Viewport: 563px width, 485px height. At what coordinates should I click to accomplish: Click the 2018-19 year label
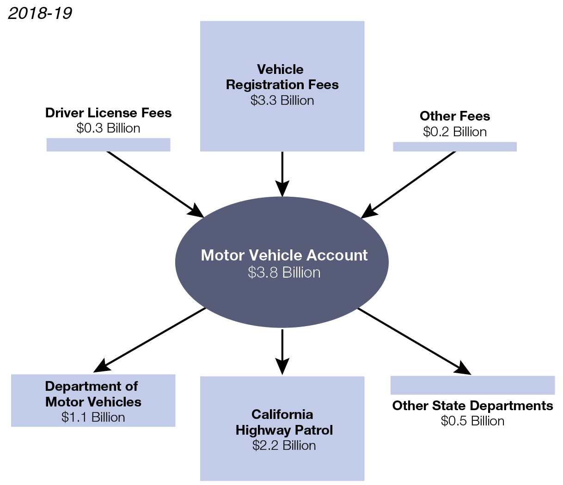(x=40, y=13)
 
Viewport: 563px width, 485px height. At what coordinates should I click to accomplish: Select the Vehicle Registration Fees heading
(x=282, y=77)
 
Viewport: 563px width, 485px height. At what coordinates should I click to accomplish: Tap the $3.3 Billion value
(x=282, y=100)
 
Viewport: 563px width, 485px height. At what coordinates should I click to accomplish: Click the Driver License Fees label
(x=108, y=113)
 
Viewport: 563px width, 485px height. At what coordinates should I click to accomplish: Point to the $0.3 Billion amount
(x=108, y=128)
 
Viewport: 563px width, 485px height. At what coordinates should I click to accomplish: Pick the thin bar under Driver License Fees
(x=108, y=145)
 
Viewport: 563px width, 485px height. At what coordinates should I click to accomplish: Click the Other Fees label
(x=455, y=116)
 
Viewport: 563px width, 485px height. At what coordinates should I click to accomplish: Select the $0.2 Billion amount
(x=455, y=132)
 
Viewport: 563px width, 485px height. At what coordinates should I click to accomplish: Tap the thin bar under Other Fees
(x=455, y=146)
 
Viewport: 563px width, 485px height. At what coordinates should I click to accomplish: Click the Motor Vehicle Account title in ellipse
(x=284, y=255)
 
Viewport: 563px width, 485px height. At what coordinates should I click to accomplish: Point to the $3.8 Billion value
(x=284, y=273)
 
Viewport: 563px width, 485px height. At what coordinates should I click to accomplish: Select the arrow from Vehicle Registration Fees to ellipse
(x=282, y=173)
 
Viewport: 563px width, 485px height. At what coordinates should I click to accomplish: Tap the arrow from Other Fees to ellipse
(x=410, y=184)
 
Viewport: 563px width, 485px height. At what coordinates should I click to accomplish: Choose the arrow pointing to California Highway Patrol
(x=282, y=351)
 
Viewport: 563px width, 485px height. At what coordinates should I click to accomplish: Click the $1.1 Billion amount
(x=93, y=417)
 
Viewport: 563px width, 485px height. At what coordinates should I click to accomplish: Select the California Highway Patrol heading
(x=284, y=422)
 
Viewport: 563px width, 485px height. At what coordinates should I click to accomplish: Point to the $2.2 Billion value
(x=284, y=445)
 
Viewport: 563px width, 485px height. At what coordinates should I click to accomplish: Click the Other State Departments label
(x=472, y=406)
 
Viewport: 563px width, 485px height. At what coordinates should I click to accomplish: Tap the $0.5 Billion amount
(x=472, y=421)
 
